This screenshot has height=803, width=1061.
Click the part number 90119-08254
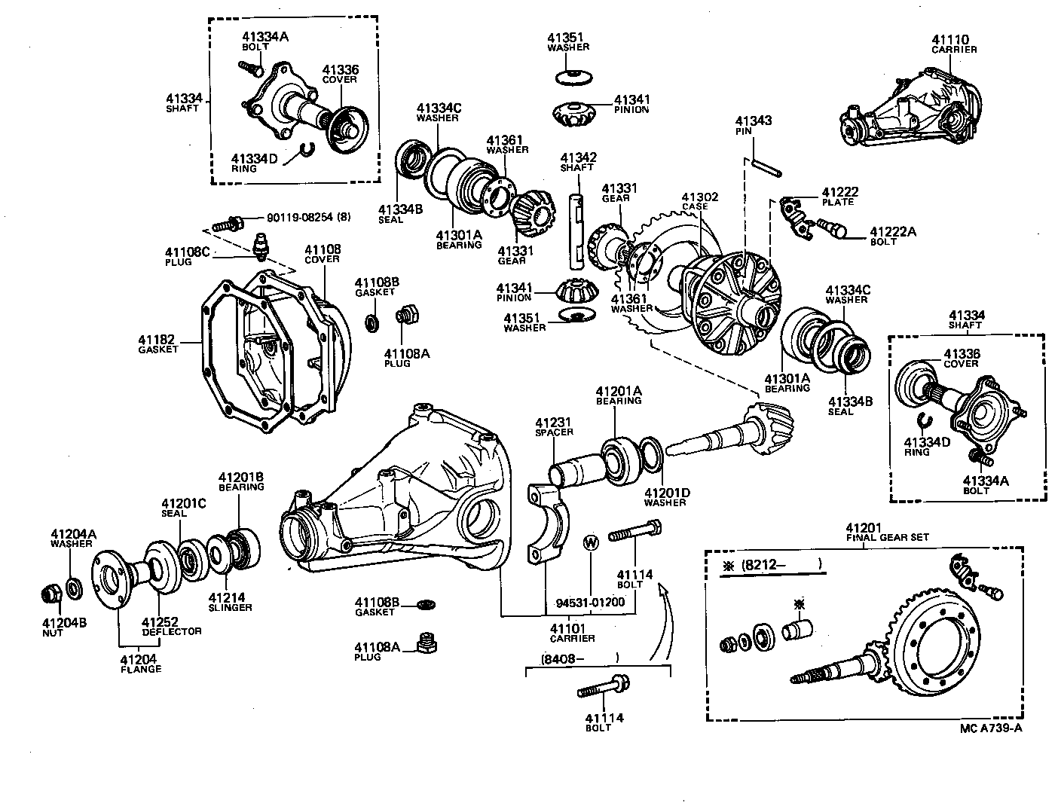pos(298,216)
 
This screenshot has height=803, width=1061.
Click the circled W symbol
pos(591,542)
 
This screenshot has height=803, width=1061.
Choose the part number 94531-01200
pos(590,603)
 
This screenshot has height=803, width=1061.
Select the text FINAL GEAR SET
pos(887,537)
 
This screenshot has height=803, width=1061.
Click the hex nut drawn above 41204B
pos(51,594)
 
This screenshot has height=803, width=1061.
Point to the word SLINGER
pos(230,607)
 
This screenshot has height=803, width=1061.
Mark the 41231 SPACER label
pos(554,427)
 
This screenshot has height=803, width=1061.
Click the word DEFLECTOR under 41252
pos(173,631)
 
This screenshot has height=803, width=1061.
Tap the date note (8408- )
pos(579,658)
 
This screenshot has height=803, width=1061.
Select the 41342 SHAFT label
pos(578,162)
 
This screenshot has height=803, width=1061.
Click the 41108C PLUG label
pos(188,256)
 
